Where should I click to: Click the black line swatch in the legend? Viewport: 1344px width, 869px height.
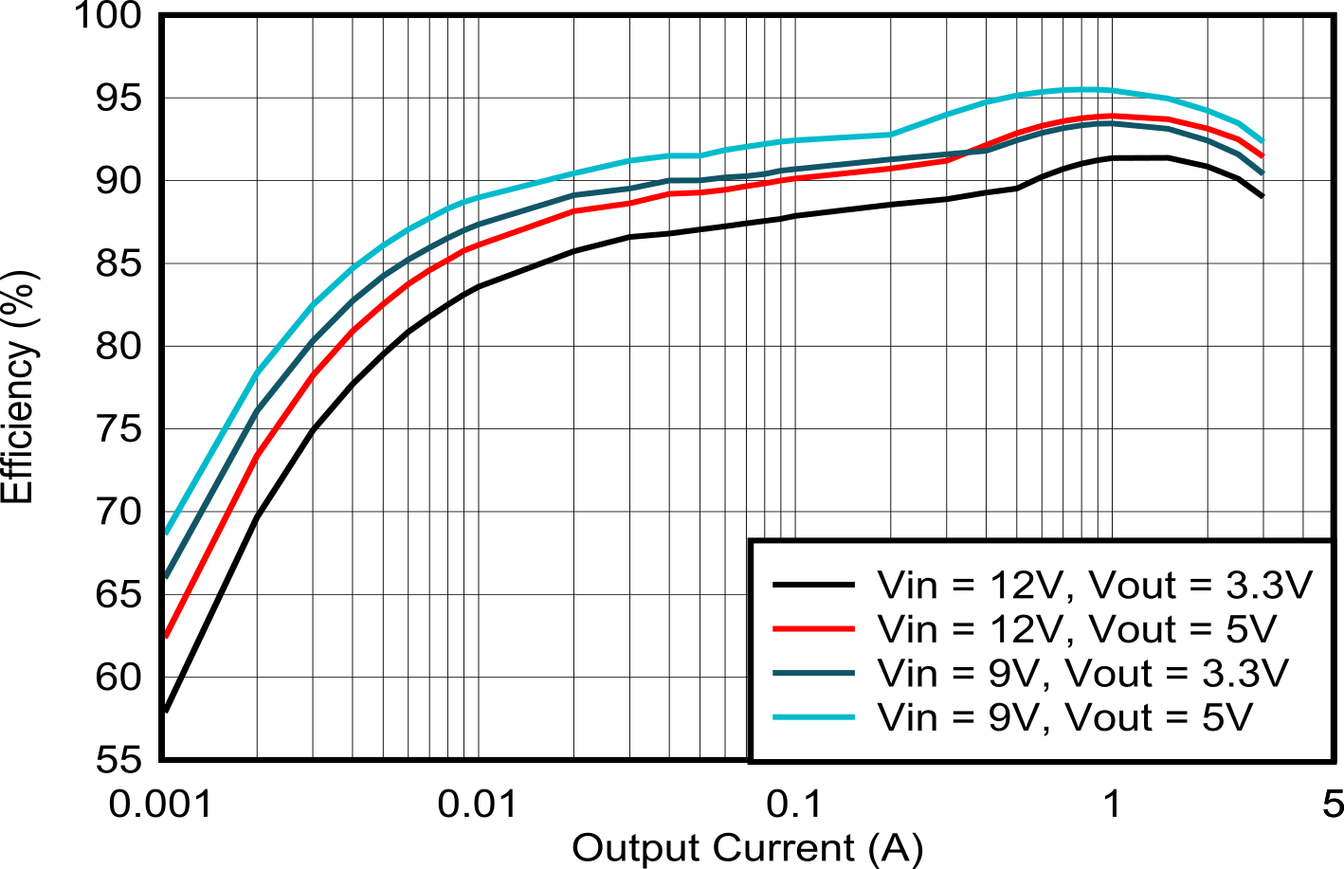(x=814, y=585)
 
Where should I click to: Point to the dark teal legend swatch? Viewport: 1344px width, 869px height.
(x=814, y=673)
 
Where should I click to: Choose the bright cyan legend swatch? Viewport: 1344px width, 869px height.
(x=814, y=716)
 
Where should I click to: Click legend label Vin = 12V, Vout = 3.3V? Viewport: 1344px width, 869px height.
(x=1095, y=585)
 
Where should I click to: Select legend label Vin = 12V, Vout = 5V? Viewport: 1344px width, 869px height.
(x=1077, y=628)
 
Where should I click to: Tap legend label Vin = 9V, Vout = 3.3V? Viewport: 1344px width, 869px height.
(x=1082, y=673)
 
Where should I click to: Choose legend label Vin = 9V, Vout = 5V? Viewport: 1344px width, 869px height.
(x=1064, y=716)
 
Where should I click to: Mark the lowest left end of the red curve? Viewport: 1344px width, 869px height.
(x=167, y=634)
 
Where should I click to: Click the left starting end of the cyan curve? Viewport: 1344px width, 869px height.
(x=167, y=531)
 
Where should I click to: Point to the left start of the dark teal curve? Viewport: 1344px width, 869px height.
(x=167, y=574)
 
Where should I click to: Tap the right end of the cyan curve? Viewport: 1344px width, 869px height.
(x=1262, y=140)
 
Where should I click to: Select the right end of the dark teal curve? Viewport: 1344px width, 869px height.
(x=1262, y=172)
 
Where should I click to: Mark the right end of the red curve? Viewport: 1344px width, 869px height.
(x=1262, y=155)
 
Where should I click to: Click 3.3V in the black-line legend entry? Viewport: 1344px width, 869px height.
(x=1268, y=585)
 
